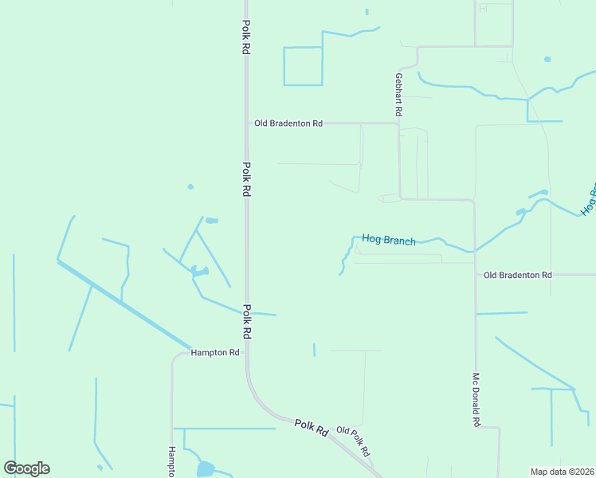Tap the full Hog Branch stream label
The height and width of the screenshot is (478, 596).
pos(389,239)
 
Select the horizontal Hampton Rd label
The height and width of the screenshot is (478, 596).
pos(215,352)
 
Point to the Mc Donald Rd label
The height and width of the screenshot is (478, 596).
pos(476,400)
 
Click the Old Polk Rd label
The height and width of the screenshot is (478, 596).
pos(354,441)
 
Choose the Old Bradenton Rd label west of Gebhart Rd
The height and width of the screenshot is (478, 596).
pos(288,123)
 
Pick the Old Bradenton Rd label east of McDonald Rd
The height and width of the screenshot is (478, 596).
pos(518,275)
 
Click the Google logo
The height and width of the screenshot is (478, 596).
pos(26,468)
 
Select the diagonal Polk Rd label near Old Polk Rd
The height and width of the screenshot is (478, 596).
pos(312,427)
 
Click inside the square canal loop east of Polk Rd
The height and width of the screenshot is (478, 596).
pos(303,66)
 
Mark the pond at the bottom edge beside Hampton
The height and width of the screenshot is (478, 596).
pos(205,469)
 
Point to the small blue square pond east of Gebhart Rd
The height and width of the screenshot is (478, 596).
pos(547,59)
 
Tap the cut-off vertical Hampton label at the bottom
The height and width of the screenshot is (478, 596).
pos(171,461)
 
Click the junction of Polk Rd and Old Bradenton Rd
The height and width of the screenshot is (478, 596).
pos(246,123)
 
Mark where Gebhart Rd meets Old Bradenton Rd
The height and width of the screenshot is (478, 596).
pos(398,123)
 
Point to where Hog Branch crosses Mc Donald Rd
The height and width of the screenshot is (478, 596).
pos(475,251)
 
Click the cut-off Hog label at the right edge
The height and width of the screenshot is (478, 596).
pos(589,201)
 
